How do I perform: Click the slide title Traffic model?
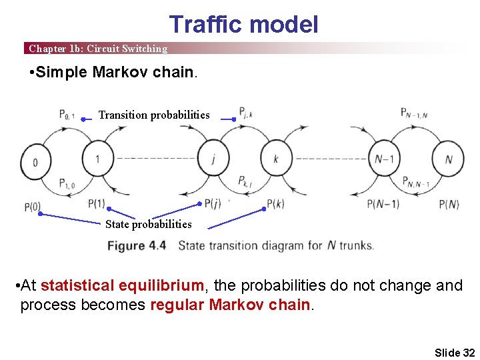(243, 25)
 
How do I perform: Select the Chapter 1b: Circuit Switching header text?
(98, 49)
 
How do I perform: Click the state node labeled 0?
(34, 161)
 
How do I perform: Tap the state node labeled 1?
(97, 159)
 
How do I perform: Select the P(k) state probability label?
(275, 203)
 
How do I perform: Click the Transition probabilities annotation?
(154, 115)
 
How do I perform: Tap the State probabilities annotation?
(148, 224)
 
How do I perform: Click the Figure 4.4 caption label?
(137, 245)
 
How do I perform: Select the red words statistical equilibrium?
(122, 286)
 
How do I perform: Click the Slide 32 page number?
(454, 352)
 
